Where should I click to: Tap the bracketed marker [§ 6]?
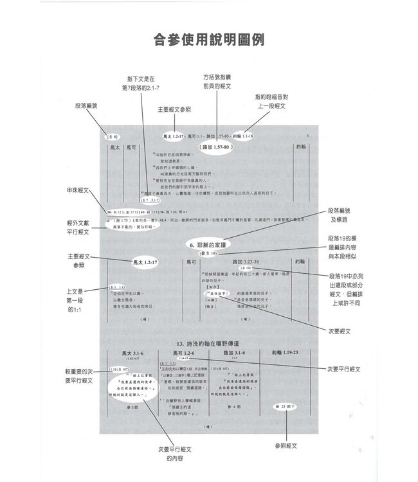[x=112, y=137]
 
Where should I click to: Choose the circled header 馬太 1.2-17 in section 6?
[x=145, y=262]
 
